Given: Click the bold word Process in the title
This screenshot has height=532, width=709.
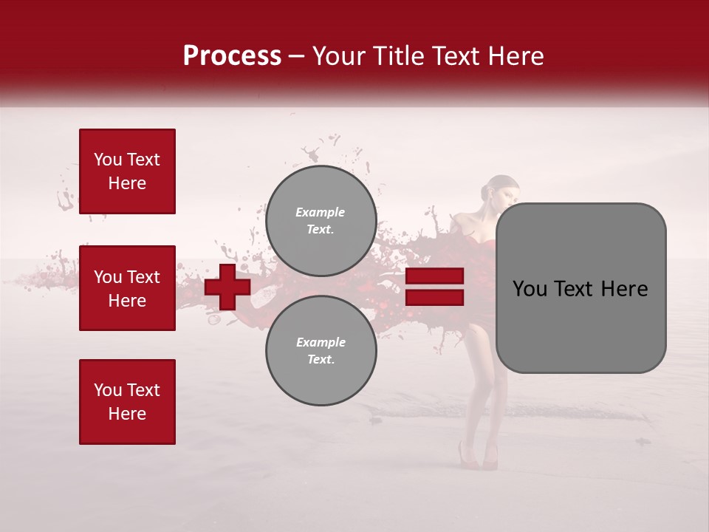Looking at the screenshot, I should (232, 56).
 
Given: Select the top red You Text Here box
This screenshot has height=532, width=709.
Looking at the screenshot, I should (127, 171).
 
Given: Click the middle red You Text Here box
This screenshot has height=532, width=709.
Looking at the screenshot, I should (127, 288).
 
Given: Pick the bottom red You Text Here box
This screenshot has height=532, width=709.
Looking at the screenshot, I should (127, 401).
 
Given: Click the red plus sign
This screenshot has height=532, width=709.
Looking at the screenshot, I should (227, 287).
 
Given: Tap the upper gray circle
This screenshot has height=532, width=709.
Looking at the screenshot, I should (321, 220).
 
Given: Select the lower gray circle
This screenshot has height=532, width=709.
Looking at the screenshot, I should (321, 350).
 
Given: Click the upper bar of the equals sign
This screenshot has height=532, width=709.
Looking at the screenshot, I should (434, 276).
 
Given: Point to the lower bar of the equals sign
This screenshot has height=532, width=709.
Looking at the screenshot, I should (434, 297).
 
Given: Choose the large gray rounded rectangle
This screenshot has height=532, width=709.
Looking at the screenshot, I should (580, 288).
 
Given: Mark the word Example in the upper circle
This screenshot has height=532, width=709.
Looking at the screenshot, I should (320, 212).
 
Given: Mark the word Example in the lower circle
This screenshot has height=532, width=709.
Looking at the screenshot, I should (321, 342).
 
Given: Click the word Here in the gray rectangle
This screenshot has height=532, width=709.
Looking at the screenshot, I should (625, 289).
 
